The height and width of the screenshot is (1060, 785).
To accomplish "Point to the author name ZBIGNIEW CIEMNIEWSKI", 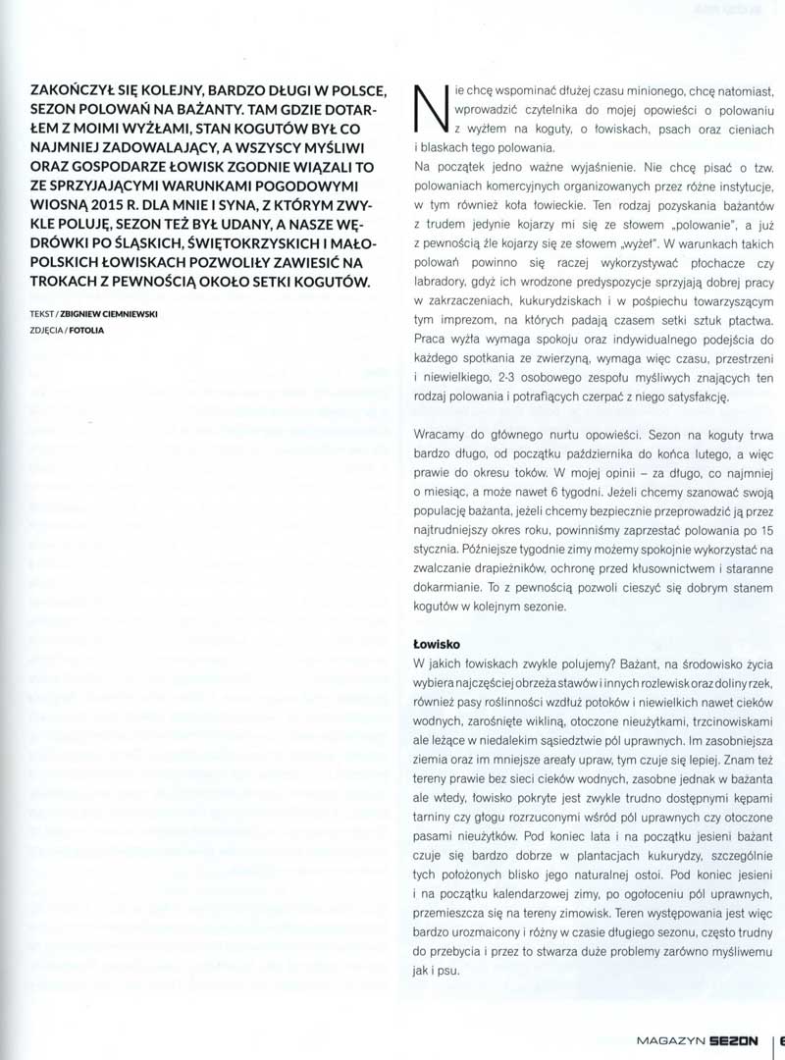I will (x=119, y=314).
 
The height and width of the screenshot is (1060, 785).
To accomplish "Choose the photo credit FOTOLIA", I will (x=86, y=330).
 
